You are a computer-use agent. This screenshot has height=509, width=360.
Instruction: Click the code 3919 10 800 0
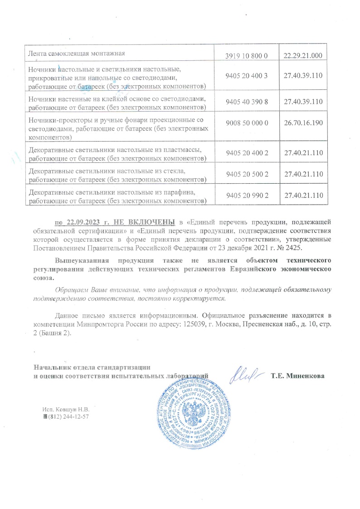pyautogui.click(x=247, y=56)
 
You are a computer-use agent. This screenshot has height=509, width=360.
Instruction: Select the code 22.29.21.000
pyautogui.click(x=302, y=56)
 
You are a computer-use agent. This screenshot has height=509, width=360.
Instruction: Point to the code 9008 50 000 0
pyautogui.click(x=247, y=123)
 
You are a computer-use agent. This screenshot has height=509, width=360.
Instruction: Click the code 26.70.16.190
pyautogui.click(x=302, y=123)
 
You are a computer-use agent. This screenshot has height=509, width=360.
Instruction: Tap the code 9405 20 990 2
pyautogui.click(x=247, y=195)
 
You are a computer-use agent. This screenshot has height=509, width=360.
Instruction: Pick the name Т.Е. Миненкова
pyautogui.click(x=297, y=376)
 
